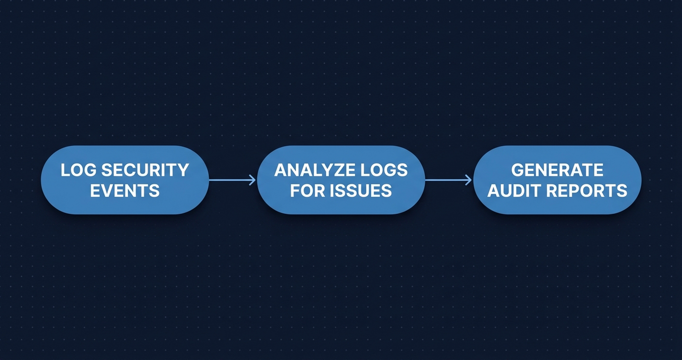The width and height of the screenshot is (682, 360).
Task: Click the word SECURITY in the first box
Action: click(x=146, y=170)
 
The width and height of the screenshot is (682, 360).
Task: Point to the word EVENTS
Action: click(x=125, y=191)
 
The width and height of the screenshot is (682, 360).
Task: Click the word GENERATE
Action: click(x=557, y=170)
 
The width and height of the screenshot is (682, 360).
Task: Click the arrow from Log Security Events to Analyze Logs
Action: click(x=232, y=180)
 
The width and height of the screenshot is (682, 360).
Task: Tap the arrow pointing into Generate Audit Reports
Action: click(x=448, y=180)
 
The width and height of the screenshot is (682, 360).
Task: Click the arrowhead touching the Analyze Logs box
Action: click(x=253, y=180)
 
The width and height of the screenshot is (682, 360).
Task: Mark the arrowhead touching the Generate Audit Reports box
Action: click(x=469, y=180)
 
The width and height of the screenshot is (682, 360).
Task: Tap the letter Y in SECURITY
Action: click(x=183, y=170)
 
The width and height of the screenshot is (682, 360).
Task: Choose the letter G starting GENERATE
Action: click(x=518, y=170)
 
